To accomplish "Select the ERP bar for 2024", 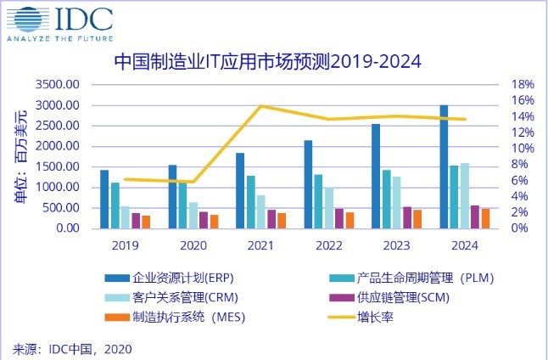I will [444, 166].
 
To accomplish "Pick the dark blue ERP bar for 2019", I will [104, 199].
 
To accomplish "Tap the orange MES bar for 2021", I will [282, 220].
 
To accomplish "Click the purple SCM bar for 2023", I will [406, 217].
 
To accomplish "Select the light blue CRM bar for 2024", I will [465, 195].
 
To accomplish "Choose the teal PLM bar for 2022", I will [318, 201].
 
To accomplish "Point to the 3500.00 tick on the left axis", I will [59, 85].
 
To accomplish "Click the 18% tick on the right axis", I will [523, 85].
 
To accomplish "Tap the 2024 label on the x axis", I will [464, 245].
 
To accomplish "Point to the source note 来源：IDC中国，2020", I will [72, 348].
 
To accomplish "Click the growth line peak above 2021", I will [260, 106].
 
